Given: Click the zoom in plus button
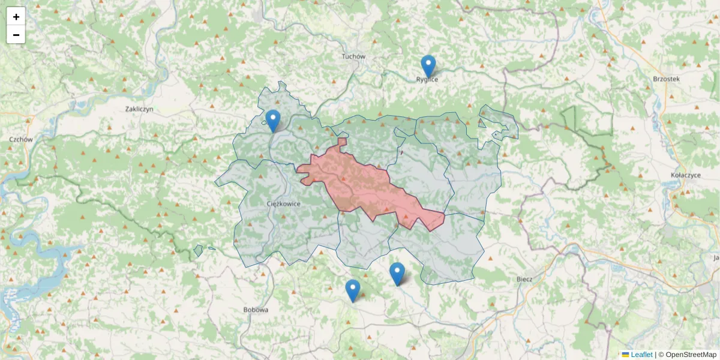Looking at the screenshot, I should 16,17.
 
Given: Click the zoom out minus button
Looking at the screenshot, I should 16,35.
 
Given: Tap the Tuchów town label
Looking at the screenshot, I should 353,56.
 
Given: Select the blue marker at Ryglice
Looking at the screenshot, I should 428,66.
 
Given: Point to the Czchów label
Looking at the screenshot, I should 20,139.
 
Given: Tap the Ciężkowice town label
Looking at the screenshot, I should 283,203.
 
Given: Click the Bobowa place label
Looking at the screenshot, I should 256,310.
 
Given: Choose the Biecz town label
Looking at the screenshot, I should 524,279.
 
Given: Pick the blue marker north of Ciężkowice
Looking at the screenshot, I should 273,121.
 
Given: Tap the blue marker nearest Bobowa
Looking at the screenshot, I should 353,290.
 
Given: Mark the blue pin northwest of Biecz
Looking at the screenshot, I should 397,273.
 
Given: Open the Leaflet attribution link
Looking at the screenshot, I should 641,355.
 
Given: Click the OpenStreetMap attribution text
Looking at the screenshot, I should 691,355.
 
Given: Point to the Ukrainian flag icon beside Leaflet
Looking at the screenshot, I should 625,355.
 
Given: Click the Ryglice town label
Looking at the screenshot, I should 427,79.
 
